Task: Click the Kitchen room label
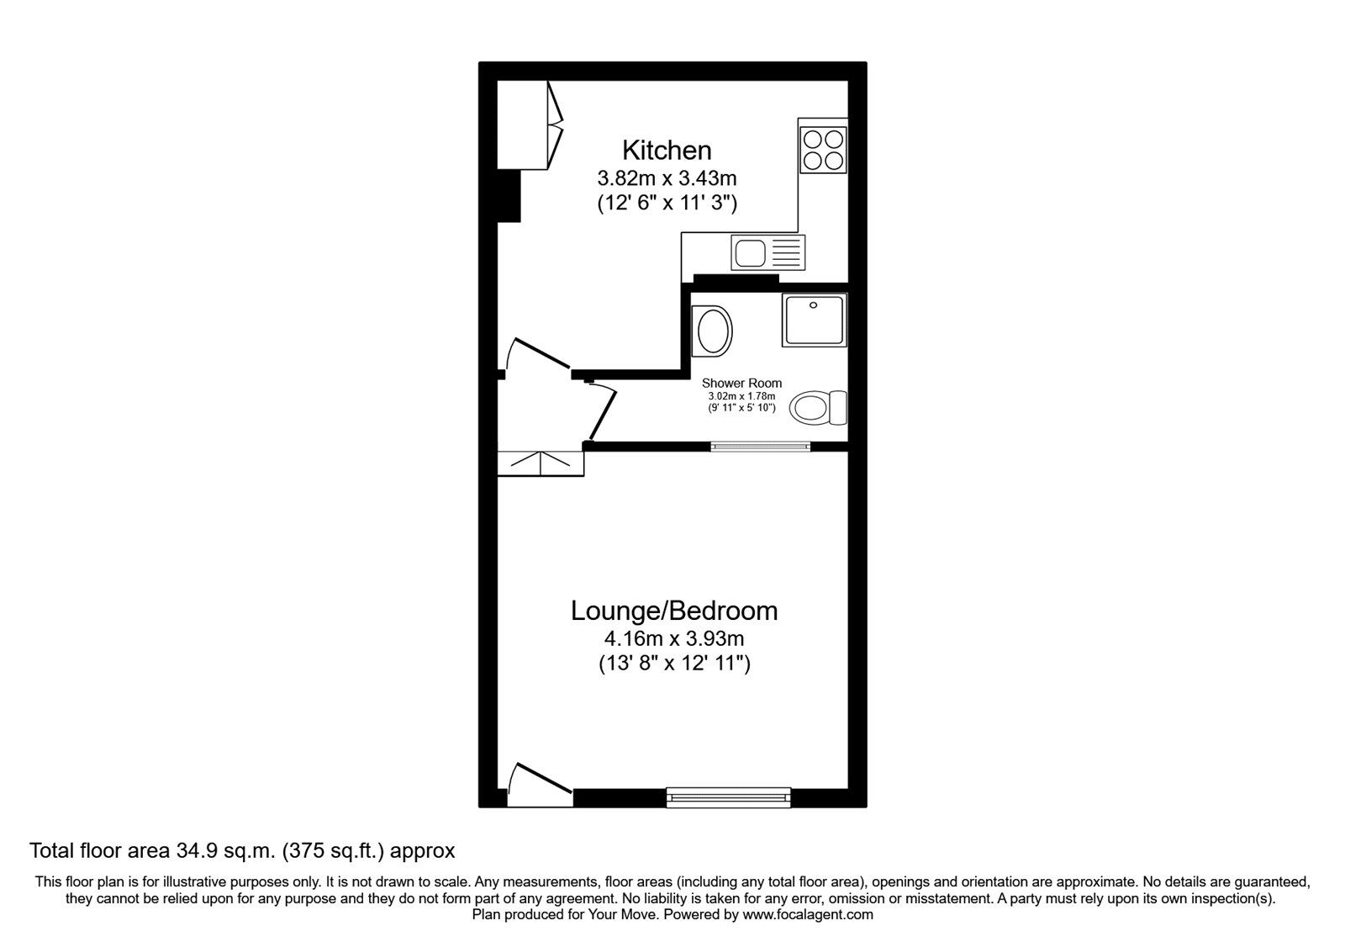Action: pyautogui.click(x=667, y=151)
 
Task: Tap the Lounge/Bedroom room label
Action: pyautogui.click(x=673, y=611)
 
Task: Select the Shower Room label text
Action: pyautogui.click(x=741, y=383)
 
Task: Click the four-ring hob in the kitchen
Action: pyautogui.click(x=823, y=150)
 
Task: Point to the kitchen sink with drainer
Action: pyautogui.click(x=768, y=253)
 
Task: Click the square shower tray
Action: pyautogui.click(x=815, y=320)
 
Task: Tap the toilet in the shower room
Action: pyautogui.click(x=818, y=408)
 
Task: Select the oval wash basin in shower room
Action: pyautogui.click(x=711, y=331)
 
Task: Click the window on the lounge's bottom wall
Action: pyautogui.click(x=728, y=797)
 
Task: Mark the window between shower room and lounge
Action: pyautogui.click(x=761, y=447)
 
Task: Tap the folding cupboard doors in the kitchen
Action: pyautogui.click(x=556, y=125)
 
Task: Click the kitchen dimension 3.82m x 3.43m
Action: pyautogui.click(x=667, y=178)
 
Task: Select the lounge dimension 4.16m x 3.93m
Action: pyautogui.click(x=673, y=638)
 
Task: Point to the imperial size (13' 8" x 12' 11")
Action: pyautogui.click(x=674, y=664)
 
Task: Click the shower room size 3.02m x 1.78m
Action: pyautogui.click(x=741, y=396)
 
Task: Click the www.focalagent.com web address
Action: pyautogui.click(x=808, y=915)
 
